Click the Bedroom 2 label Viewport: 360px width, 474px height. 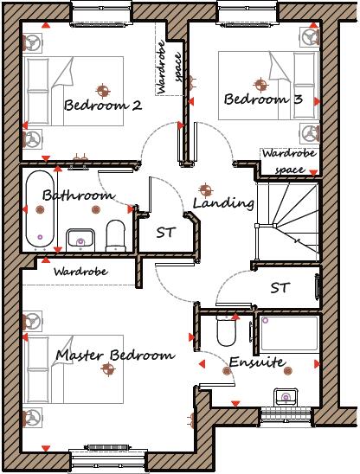(102, 106)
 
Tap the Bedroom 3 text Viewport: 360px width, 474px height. (263, 100)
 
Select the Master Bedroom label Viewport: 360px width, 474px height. (115, 355)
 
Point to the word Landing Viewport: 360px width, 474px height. (223, 204)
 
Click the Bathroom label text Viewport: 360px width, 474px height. (79, 196)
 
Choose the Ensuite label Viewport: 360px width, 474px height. (257, 363)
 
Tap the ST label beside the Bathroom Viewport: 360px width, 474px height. (166, 233)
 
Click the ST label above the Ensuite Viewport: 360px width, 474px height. (280, 287)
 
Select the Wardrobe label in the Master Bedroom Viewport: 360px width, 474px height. (79, 271)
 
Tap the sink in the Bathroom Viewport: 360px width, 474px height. (80, 237)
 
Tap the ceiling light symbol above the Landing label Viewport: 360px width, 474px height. (205, 188)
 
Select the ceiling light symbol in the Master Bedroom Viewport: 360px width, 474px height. (107, 370)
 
